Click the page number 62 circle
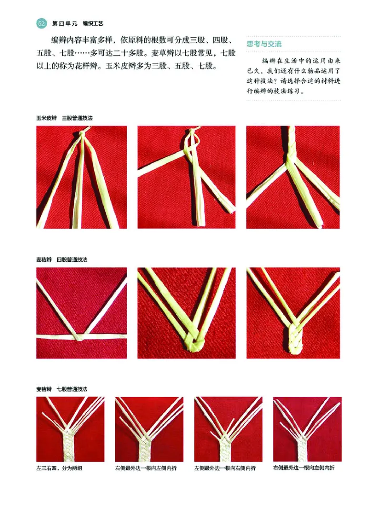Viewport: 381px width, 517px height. coord(41,22)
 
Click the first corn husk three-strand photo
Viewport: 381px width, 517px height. coord(81,177)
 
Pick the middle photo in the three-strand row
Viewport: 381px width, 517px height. coord(186,177)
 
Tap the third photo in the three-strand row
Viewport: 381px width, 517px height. coord(293,177)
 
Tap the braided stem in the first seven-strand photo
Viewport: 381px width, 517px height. coord(70,445)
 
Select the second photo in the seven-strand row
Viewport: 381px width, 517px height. coord(149,429)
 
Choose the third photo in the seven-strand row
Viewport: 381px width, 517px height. coord(228,429)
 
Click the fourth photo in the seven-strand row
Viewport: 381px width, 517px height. coord(307,429)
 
